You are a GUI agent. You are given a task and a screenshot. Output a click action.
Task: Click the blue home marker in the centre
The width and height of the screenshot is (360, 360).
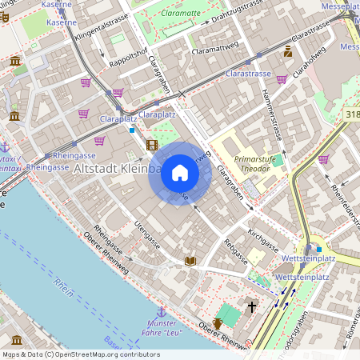pos(180,173)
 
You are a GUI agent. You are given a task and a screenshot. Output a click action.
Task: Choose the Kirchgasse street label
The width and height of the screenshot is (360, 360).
pos(262,238)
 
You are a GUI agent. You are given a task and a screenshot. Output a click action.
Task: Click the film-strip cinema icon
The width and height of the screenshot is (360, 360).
pos(152,145)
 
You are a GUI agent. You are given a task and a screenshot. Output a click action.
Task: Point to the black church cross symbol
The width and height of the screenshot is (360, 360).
pos(252,306)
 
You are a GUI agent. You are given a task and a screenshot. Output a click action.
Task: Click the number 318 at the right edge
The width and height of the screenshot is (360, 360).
pos(353,115)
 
